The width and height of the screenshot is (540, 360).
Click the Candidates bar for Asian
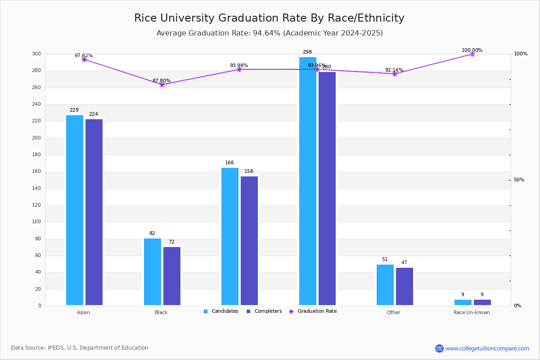(75, 210)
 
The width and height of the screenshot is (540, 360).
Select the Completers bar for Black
(172, 276)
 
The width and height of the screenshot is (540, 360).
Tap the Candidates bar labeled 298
(308, 181)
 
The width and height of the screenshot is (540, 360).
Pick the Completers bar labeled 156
(249, 241)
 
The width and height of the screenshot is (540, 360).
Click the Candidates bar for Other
(385, 285)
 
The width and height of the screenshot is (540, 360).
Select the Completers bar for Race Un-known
(482, 302)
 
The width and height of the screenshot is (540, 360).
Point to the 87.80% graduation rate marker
(162, 85)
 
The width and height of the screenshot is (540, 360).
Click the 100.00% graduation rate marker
(472, 54)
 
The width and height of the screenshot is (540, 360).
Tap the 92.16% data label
(394, 70)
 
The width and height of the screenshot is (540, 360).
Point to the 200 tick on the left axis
(36, 138)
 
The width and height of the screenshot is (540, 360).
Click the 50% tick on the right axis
(519, 180)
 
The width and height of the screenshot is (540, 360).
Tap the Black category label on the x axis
(161, 312)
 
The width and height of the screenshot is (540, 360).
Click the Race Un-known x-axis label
(472, 312)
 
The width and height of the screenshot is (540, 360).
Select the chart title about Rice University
(269, 18)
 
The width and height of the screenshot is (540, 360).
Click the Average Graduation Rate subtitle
(270, 33)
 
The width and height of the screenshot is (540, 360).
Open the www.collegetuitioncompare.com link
(487, 348)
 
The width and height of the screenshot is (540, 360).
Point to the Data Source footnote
(80, 348)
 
